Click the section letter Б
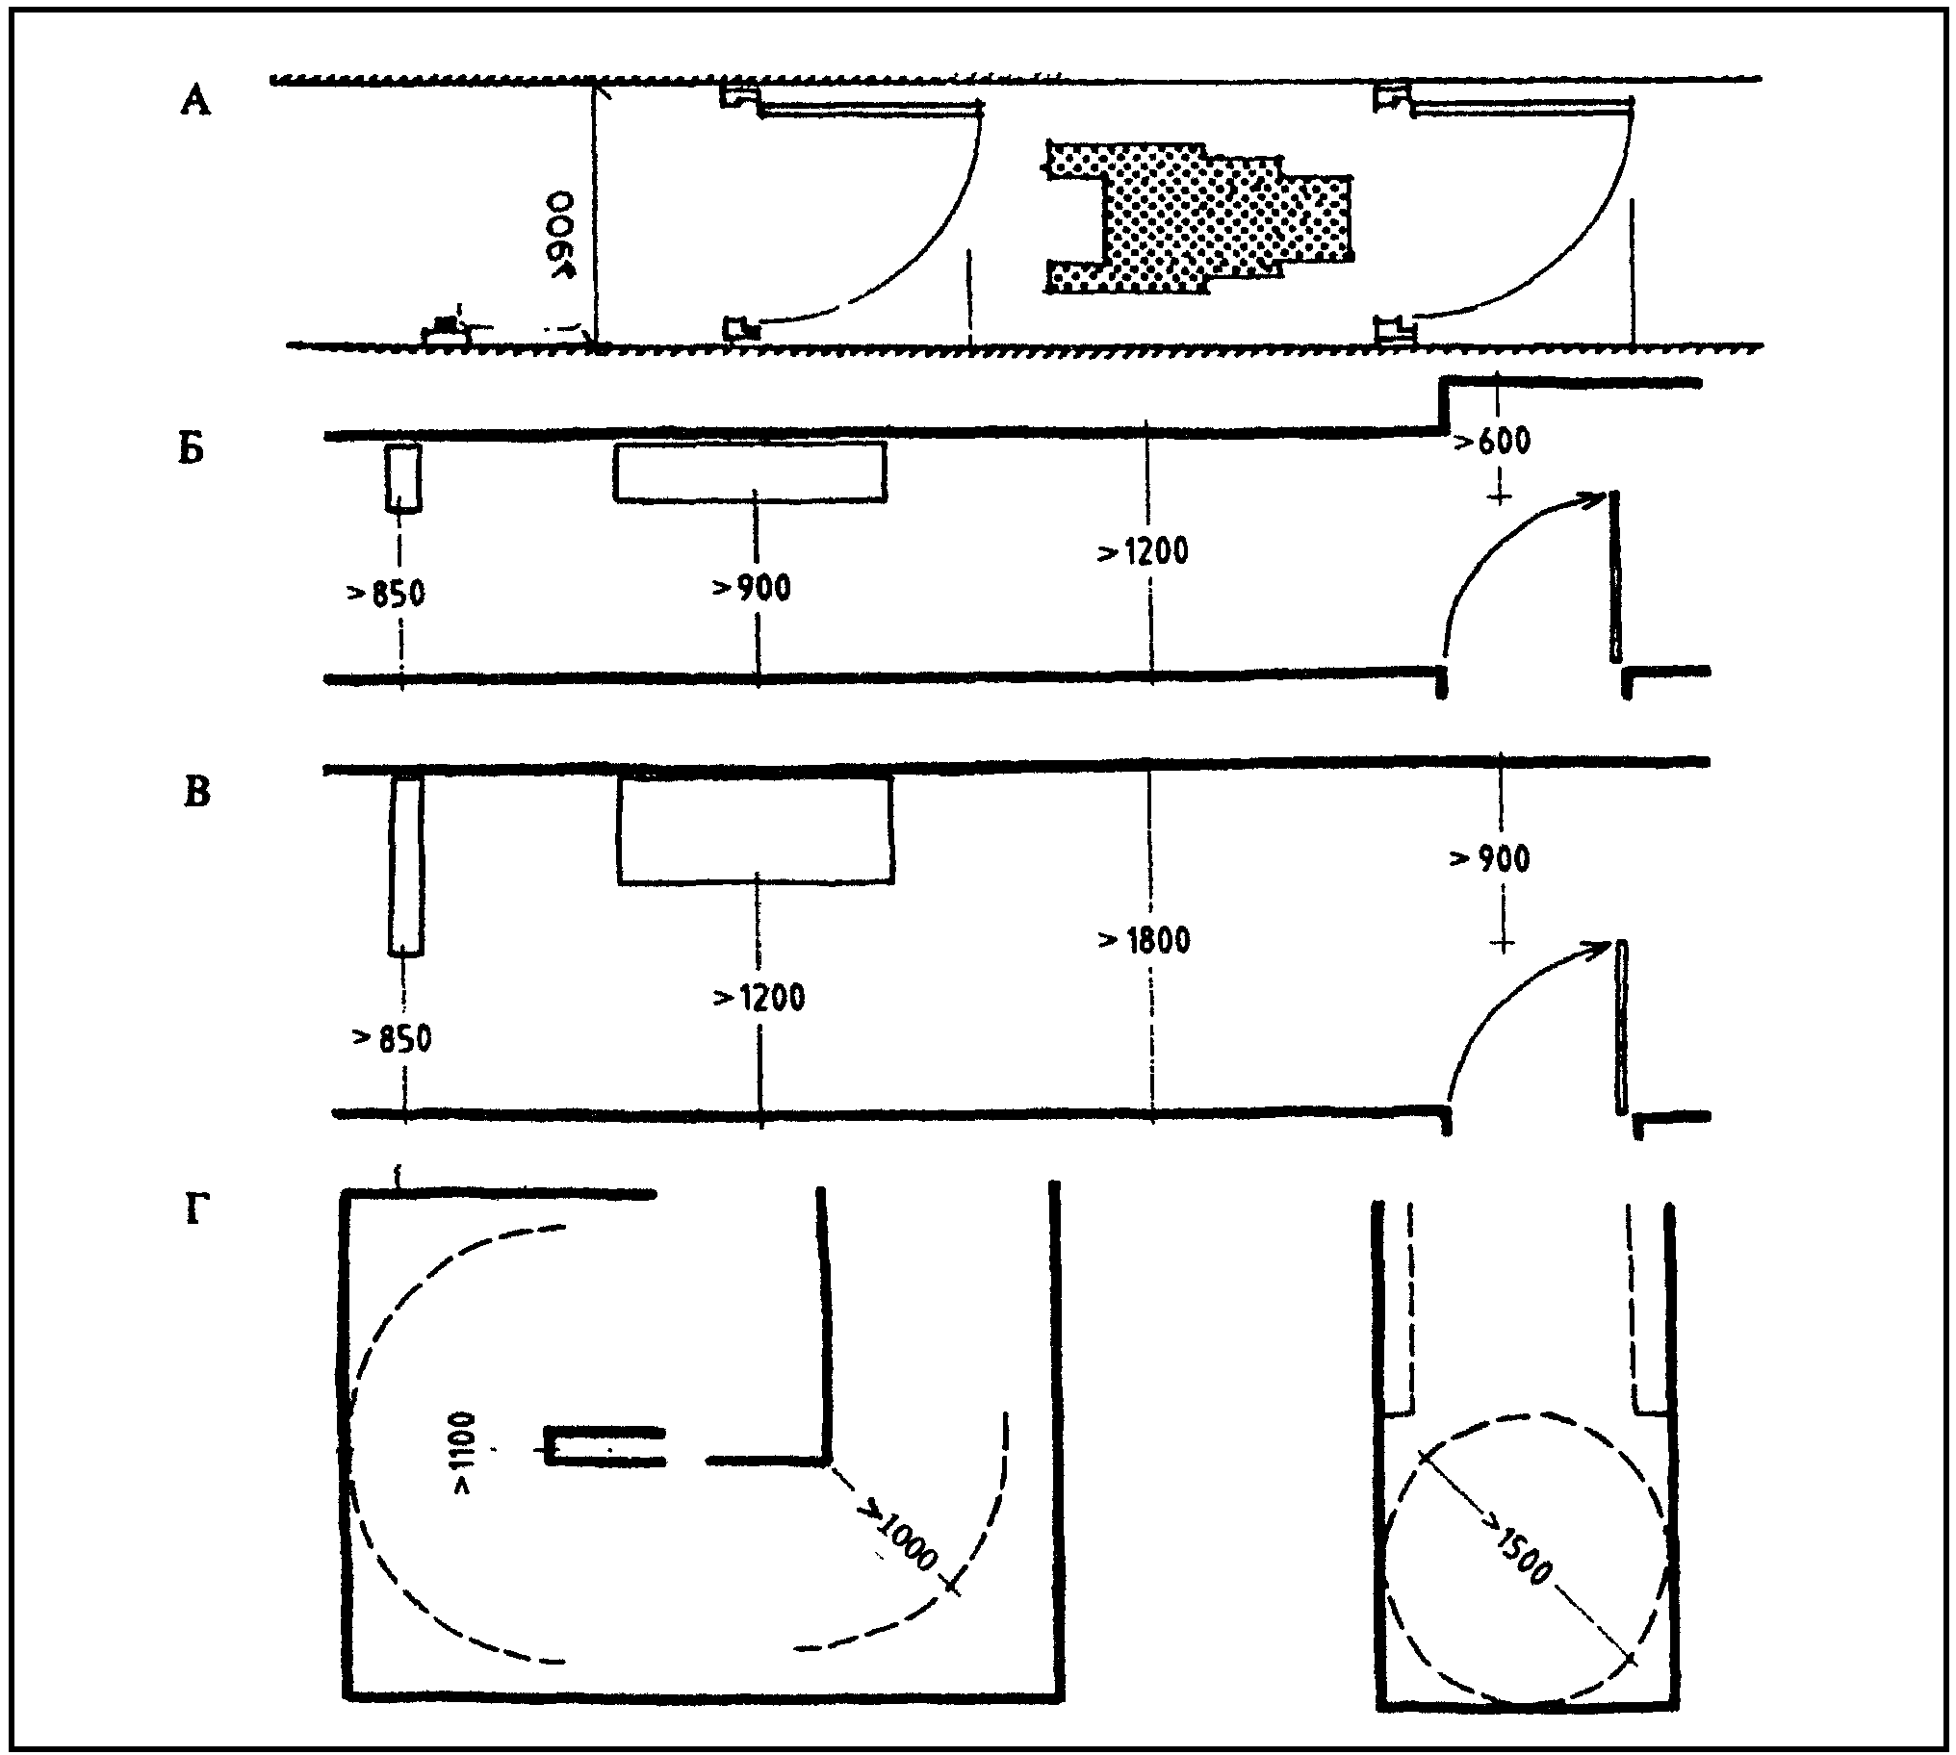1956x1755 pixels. (x=192, y=449)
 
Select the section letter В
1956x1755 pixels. (x=195, y=793)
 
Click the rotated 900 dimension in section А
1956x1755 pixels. (x=560, y=236)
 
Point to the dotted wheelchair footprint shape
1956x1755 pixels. (x=1198, y=216)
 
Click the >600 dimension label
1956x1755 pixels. (x=1492, y=442)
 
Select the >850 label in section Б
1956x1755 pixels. (x=386, y=593)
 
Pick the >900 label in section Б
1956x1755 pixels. (x=752, y=587)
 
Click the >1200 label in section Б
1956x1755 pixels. (x=1143, y=552)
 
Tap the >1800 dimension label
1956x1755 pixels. (x=1144, y=939)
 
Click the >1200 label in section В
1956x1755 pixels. (x=759, y=997)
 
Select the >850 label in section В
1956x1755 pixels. (x=392, y=1039)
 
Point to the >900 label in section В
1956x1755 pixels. (x=1490, y=858)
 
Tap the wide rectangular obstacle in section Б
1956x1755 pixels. (x=751, y=471)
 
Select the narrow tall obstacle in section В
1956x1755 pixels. (x=406, y=866)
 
